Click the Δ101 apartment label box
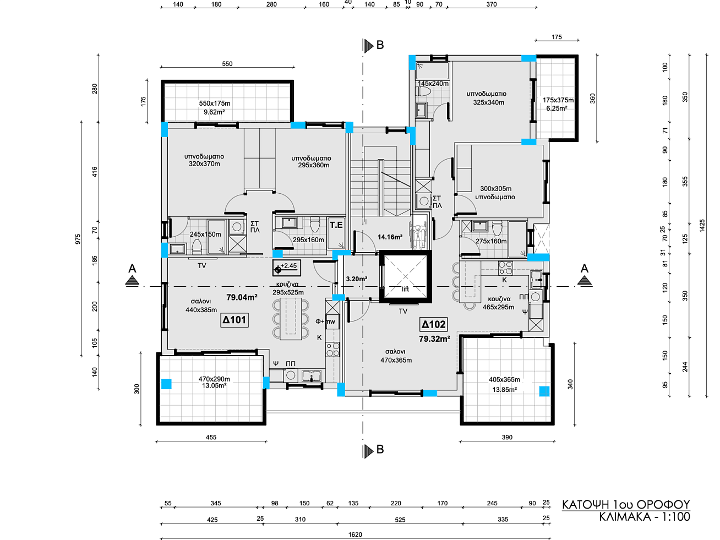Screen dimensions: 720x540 (x=234, y=320)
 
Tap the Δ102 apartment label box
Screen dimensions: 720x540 (x=434, y=325)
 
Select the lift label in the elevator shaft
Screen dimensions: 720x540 (x=406, y=289)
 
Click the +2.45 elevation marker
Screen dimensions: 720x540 (x=286, y=268)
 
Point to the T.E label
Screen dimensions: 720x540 (x=336, y=225)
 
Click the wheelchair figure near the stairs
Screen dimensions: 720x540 (x=418, y=236)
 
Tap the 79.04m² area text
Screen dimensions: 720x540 (x=242, y=297)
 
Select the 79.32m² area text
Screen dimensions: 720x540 (x=434, y=339)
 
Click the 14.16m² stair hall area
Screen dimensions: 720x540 (x=390, y=237)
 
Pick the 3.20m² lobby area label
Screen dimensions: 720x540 (x=357, y=279)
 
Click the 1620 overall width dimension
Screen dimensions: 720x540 (x=355, y=534)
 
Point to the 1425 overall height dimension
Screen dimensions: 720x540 (x=702, y=226)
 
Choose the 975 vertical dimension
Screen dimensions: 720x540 (x=78, y=239)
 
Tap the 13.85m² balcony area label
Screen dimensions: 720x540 (x=504, y=390)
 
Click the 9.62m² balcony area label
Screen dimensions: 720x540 (x=214, y=112)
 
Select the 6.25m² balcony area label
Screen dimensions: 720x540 (x=557, y=108)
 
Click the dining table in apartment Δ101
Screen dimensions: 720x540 (x=291, y=319)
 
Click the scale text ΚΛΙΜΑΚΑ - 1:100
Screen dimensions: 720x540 (x=645, y=517)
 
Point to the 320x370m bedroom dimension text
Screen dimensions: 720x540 (x=204, y=164)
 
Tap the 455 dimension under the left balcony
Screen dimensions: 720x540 (x=211, y=437)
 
